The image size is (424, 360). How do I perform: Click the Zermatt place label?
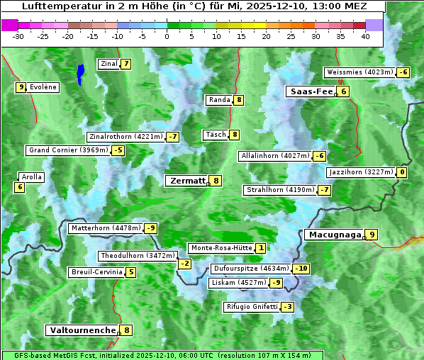(x=186, y=181)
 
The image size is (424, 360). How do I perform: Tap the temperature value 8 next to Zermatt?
(x=216, y=181)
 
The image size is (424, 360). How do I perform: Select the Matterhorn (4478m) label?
(x=105, y=228)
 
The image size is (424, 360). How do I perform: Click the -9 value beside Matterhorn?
(x=150, y=228)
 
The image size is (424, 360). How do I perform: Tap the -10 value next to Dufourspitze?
(x=301, y=269)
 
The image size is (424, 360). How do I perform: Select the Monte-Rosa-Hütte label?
(x=221, y=248)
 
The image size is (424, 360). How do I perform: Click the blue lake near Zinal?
(x=80, y=73)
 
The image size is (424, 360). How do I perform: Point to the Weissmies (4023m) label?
(x=359, y=72)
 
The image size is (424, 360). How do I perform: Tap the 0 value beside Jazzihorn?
(x=402, y=172)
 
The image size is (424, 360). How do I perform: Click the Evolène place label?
(x=43, y=87)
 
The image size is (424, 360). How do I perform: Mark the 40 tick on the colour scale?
(x=365, y=36)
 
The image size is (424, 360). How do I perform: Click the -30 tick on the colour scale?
(x=18, y=36)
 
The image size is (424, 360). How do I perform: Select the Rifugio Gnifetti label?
(x=252, y=307)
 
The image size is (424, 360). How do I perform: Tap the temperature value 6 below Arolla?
(x=19, y=187)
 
